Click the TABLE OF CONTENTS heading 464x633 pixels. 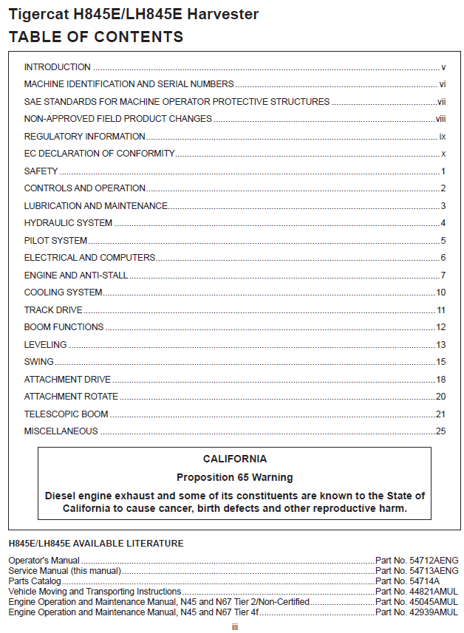(96, 36)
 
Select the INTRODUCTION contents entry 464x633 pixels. (57, 67)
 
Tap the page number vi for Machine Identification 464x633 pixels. (442, 84)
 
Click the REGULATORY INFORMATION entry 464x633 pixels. (84, 137)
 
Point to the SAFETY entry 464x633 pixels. (41, 171)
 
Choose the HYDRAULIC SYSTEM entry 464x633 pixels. (68, 223)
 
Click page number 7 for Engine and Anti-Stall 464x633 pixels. (443, 276)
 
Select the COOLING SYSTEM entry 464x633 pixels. (63, 292)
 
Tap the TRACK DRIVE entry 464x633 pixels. (53, 310)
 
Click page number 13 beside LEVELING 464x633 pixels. (440, 345)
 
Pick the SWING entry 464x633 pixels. (38, 362)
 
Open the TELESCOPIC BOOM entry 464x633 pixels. (66, 414)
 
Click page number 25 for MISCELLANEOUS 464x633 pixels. (440, 431)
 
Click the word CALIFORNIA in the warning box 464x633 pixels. (235, 459)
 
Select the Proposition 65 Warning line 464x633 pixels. (235, 477)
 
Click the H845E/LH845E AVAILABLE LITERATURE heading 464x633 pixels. (96, 544)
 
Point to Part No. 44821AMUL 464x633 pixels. (417, 592)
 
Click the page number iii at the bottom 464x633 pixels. (234, 626)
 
